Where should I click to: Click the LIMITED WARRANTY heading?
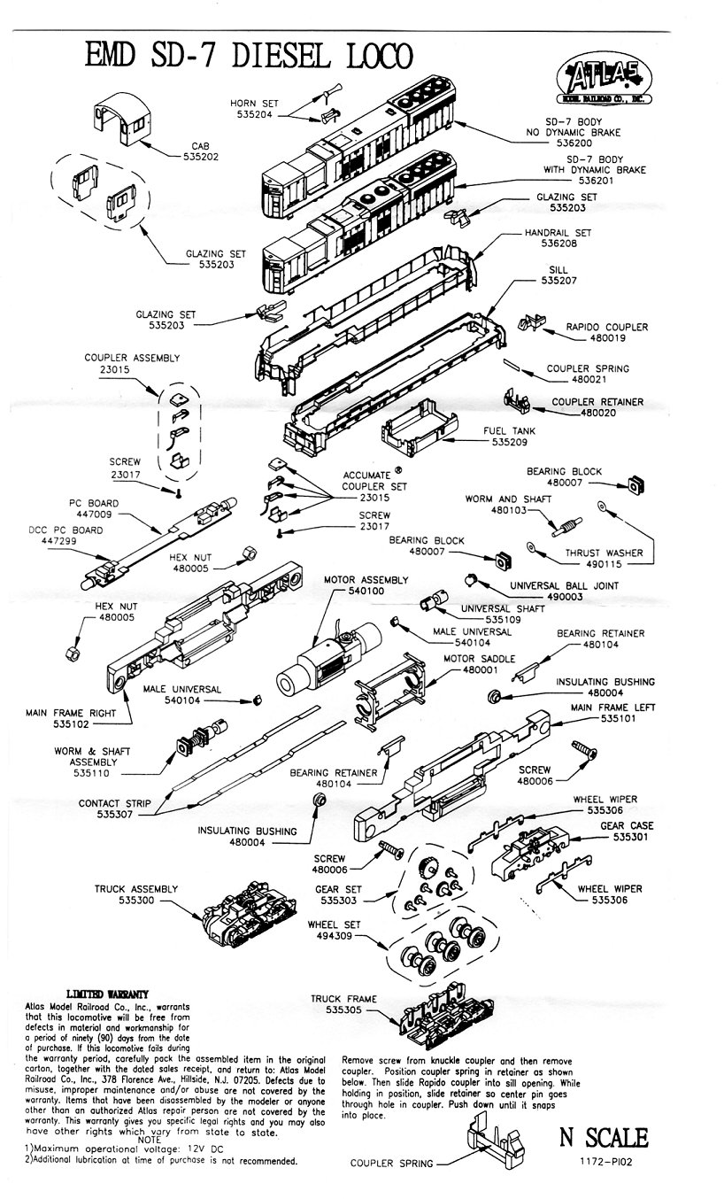[107, 994]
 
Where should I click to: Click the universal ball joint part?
[473, 579]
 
